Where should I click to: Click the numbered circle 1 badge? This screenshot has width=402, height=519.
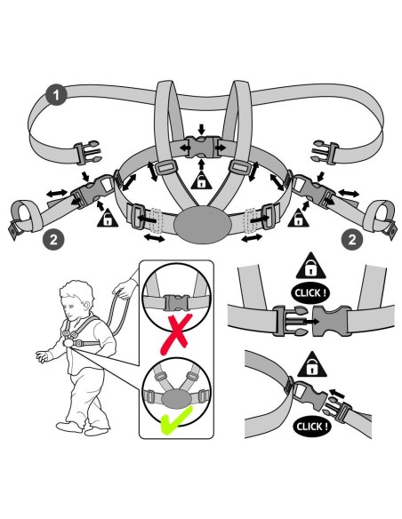[x=56, y=95]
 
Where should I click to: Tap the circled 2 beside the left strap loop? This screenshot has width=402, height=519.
[x=53, y=239]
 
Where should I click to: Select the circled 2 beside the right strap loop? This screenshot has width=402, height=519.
[x=352, y=239]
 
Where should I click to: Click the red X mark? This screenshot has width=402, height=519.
[x=176, y=334]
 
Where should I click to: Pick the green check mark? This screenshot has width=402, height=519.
[x=176, y=420]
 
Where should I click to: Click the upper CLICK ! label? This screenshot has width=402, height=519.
[x=310, y=293]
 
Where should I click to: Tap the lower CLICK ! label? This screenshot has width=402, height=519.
[x=311, y=427]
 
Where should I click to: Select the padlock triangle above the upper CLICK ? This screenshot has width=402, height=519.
[x=310, y=266]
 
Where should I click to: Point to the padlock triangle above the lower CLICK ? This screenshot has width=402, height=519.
[x=312, y=365]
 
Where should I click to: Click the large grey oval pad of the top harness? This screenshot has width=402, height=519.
[x=202, y=225]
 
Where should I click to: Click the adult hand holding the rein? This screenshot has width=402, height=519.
[x=125, y=288]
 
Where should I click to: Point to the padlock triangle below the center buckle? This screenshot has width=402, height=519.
[x=201, y=180]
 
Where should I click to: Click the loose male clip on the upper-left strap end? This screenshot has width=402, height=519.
[x=87, y=152]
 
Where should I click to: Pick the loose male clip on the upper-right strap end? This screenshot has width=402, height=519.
[x=325, y=152]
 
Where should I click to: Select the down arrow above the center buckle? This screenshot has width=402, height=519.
[x=202, y=129]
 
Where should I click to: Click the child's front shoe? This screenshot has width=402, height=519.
[x=69, y=427]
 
